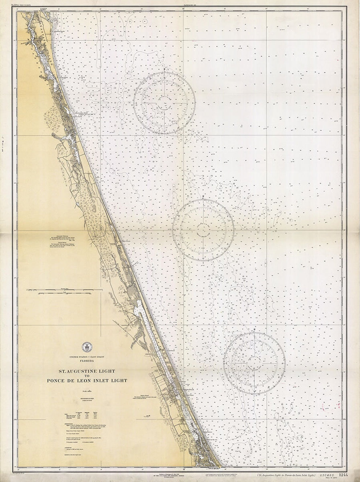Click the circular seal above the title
[x=86, y=347]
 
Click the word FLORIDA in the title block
[x=86, y=361]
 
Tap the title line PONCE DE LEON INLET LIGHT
[x=86, y=380]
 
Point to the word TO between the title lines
[x=86, y=376]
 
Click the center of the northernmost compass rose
[x=164, y=103]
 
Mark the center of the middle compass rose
[x=203, y=230]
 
